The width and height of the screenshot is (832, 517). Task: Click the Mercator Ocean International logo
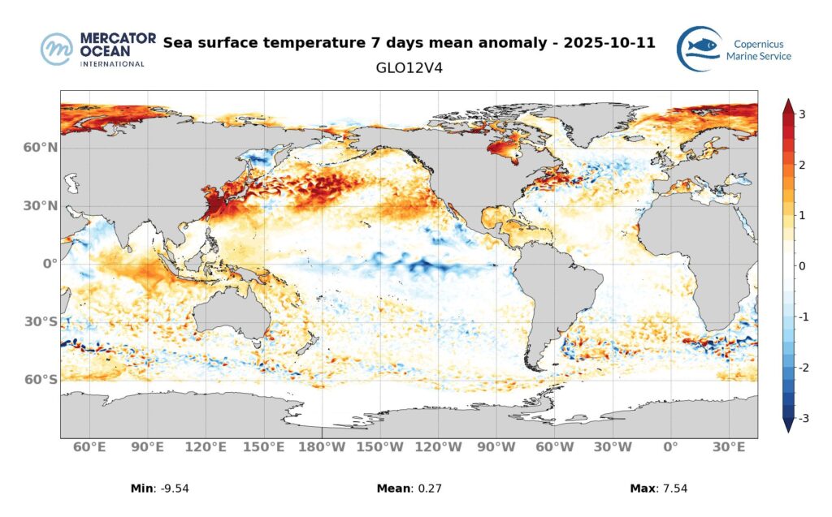[93, 50]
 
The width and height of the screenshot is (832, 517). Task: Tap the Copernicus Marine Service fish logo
[699, 48]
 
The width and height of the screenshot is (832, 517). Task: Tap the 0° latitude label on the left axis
[50, 264]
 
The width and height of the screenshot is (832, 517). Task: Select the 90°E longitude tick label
[148, 447]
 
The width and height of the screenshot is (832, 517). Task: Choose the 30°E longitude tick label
[729, 447]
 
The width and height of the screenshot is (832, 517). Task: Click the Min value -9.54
[174, 489]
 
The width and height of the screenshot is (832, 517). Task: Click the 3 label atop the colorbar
[802, 114]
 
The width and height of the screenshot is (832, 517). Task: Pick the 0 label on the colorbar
[802, 266]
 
